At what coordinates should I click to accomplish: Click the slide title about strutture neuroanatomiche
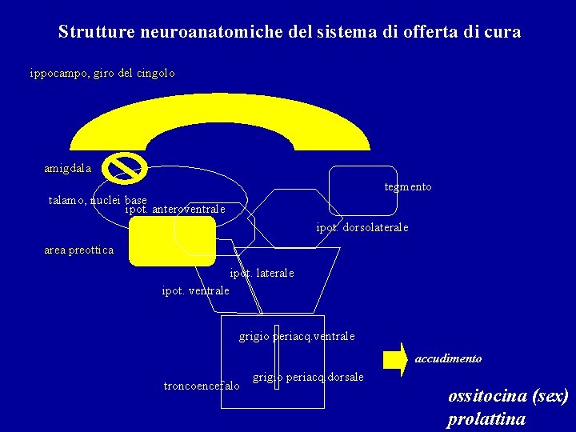[289, 33]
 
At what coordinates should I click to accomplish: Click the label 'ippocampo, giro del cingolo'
[102, 73]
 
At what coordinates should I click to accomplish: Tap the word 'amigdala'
[68, 169]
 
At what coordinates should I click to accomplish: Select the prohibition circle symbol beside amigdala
[126, 167]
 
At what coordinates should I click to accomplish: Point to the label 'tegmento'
[407, 186]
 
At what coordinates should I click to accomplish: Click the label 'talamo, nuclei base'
[98, 200]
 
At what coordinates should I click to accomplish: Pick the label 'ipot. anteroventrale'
[175, 210]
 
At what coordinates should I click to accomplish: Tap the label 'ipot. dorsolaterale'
[362, 227]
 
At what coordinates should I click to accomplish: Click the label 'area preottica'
[78, 250]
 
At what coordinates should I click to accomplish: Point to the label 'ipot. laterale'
[262, 274]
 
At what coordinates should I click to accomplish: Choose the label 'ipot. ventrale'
[195, 290]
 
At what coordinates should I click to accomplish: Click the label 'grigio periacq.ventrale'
[296, 337]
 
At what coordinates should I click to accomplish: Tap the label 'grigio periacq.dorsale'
[308, 377]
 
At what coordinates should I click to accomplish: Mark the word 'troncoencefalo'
[201, 386]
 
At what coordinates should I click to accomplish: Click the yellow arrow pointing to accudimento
[395, 359]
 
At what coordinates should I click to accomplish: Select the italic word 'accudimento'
[448, 359]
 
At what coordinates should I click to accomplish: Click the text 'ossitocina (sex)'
[508, 396]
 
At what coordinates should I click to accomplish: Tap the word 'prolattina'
[486, 418]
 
